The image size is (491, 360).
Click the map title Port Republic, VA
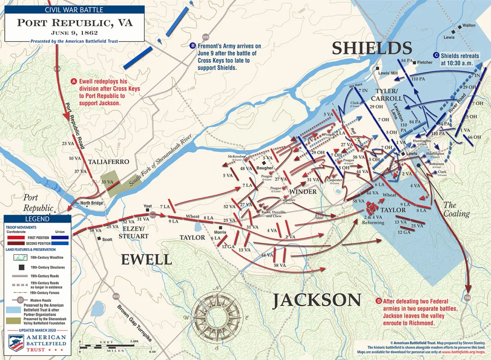click(75, 22)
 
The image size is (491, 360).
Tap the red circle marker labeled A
click(74, 81)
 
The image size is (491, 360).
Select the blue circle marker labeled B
click(192, 46)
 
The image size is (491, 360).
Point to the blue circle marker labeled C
click(436, 55)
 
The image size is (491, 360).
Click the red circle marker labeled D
click(379, 301)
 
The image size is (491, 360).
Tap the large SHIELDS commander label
click(372, 48)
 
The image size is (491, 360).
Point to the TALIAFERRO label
click(108, 162)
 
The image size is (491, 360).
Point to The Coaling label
click(456, 209)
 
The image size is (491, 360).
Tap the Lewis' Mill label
click(388, 72)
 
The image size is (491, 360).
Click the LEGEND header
click(37, 219)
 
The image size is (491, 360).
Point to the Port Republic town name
click(38, 202)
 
